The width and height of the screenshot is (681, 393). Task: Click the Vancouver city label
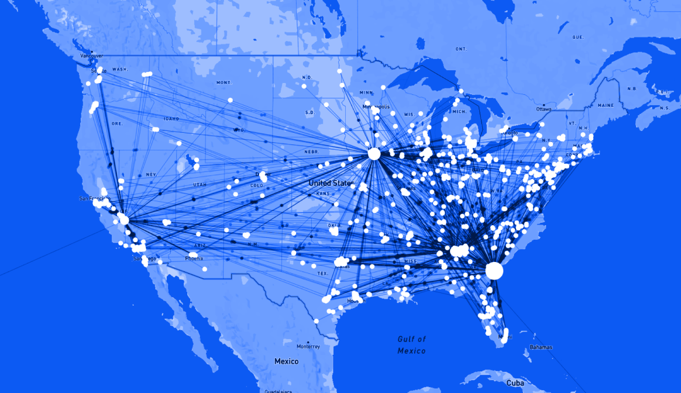[x=91, y=56]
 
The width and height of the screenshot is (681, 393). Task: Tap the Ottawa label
[x=544, y=109]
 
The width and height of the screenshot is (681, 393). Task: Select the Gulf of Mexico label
[x=412, y=345]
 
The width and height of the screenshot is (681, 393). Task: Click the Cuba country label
[x=515, y=382]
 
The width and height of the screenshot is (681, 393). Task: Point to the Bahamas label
[x=541, y=347]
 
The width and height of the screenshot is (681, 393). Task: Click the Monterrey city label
[x=308, y=346]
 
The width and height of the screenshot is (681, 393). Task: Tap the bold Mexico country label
[x=287, y=361]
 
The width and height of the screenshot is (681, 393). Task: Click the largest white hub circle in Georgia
[x=494, y=271]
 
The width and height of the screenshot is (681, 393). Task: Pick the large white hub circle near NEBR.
[x=374, y=154]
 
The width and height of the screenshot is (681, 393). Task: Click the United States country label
[x=331, y=183]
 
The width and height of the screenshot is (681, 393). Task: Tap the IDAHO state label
[x=171, y=119]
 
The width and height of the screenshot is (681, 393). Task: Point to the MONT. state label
[x=224, y=82]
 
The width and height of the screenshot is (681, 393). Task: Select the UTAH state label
[x=200, y=185]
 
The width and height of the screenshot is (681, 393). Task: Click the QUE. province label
[x=578, y=37]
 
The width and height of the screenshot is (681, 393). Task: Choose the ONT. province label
[x=461, y=49]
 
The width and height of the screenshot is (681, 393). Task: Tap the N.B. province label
[x=632, y=88]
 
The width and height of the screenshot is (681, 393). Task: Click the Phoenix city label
[x=194, y=258]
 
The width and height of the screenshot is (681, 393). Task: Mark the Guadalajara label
[x=278, y=391]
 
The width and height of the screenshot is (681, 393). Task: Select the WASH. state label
[x=120, y=69]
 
